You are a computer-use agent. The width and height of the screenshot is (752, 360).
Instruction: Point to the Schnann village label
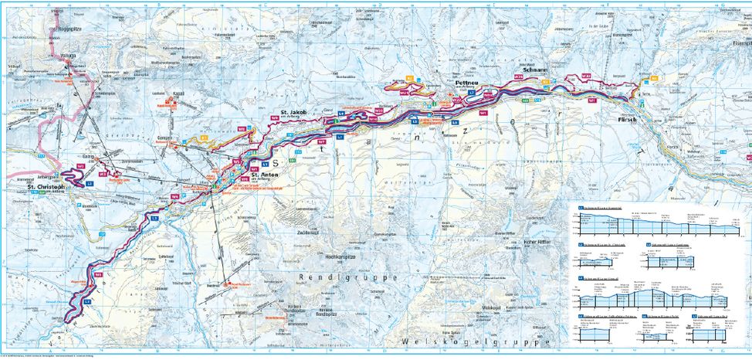point(536,69)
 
